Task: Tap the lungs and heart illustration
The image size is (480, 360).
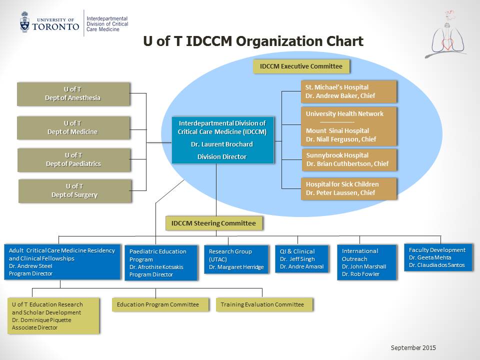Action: pos(446,33)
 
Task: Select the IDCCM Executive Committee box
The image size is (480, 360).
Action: pos(301,66)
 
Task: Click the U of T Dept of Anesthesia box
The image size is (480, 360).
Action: pos(73,93)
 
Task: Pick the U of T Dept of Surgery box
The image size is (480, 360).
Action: pos(74,191)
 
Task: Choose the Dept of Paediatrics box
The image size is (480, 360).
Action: pos(74,159)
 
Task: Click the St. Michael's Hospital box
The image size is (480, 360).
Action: pos(348,91)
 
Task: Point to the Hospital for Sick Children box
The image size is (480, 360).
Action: pos(348,188)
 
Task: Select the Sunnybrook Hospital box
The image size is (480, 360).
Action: pos(348,159)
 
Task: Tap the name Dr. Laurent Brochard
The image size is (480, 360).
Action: pos(222,144)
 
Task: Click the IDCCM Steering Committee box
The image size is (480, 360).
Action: pos(213,223)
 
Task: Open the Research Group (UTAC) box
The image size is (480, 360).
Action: pos(236,259)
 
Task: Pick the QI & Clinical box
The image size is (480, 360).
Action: pos(302,258)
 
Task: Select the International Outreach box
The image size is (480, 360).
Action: pos(366,262)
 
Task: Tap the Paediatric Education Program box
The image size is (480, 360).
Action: pos(160,262)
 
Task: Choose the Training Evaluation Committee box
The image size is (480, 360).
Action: pos(264,304)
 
